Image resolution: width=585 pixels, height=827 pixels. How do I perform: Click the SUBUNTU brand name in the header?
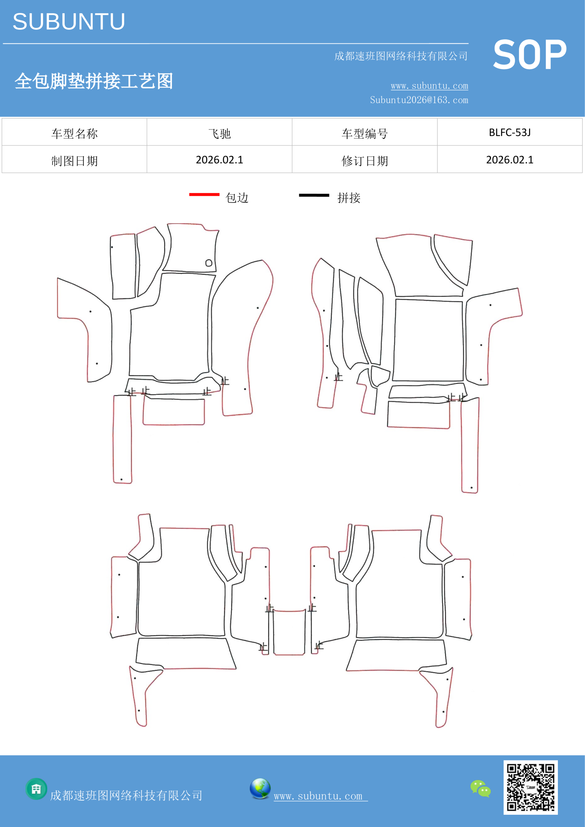[69, 22]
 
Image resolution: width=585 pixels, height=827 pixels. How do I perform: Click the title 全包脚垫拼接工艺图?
[94, 81]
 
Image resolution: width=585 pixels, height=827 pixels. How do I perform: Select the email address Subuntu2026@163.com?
[419, 100]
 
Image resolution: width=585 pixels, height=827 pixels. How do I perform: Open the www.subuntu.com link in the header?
[429, 86]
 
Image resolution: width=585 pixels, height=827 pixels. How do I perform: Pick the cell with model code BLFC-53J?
[510, 132]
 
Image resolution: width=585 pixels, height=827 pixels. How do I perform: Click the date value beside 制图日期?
[219, 160]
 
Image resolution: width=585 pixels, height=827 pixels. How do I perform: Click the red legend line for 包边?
[204, 194]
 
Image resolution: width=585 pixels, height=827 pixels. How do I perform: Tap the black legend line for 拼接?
[314, 195]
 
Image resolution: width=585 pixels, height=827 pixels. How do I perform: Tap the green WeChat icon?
[481, 789]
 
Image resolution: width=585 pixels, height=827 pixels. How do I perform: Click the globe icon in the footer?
[260, 789]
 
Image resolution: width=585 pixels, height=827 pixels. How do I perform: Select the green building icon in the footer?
[37, 789]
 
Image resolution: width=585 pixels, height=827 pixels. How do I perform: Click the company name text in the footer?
[126, 795]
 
